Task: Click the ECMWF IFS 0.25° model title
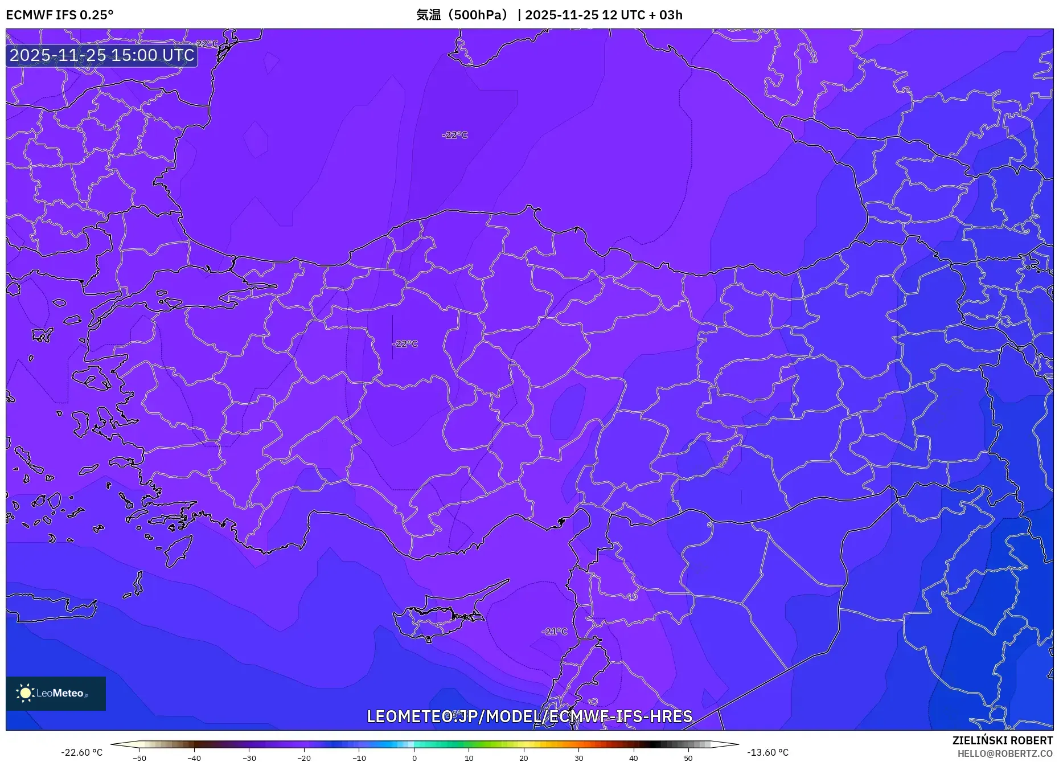pos(60,15)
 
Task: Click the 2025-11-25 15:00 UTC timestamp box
pos(102,55)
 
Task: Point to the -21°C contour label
pos(555,632)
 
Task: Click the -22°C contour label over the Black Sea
pos(454,135)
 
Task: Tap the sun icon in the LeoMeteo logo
pos(25,693)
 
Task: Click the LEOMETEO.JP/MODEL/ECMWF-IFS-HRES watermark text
pos(529,716)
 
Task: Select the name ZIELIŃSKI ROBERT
pos(1002,740)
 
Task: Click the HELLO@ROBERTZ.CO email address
pos(1005,753)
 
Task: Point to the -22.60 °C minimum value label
pos(82,752)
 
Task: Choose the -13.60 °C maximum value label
pos(767,752)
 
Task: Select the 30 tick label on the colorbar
pos(578,758)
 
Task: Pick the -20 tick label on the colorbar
pos(304,758)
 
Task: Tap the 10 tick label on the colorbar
pos(469,758)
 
